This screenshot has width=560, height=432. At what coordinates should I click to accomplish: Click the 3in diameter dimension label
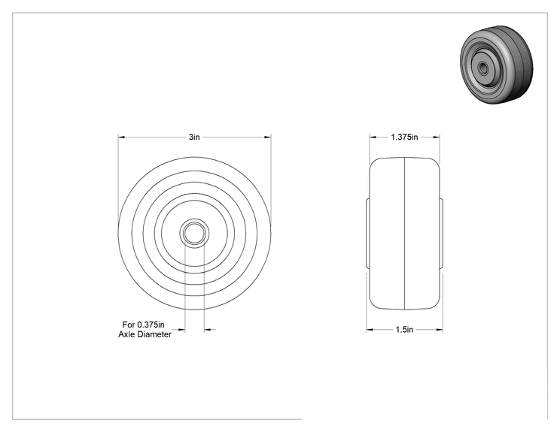[194, 137]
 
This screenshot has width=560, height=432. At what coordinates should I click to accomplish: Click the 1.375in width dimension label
[404, 137]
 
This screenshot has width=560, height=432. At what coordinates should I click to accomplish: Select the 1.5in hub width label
[404, 330]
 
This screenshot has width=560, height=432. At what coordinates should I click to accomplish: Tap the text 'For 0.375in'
[144, 325]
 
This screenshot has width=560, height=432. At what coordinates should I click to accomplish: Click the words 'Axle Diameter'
[145, 334]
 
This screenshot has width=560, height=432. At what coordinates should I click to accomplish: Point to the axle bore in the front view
[194, 233]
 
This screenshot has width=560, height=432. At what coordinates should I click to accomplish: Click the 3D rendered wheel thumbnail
[497, 65]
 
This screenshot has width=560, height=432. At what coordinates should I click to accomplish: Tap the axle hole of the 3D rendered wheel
[483, 68]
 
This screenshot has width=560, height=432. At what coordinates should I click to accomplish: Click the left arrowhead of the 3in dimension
[121, 137]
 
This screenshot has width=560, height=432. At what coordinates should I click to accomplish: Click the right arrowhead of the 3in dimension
[267, 137]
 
